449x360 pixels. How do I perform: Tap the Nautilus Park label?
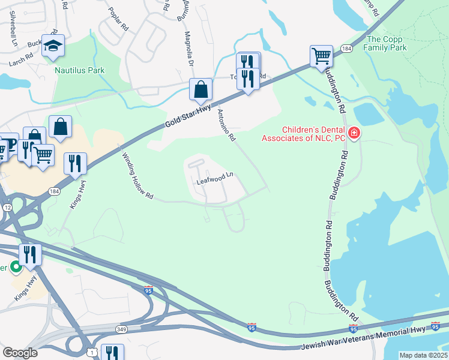tap(80, 70)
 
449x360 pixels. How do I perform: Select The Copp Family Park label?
tap(387, 43)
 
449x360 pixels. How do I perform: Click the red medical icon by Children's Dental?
tap(354, 133)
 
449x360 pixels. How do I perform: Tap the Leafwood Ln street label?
tap(214, 178)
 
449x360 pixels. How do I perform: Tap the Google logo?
tap(20, 353)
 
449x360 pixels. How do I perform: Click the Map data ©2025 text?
tap(423, 355)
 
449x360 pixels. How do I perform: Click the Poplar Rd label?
tap(117, 19)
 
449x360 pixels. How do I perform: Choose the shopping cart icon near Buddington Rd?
tap(321, 56)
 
